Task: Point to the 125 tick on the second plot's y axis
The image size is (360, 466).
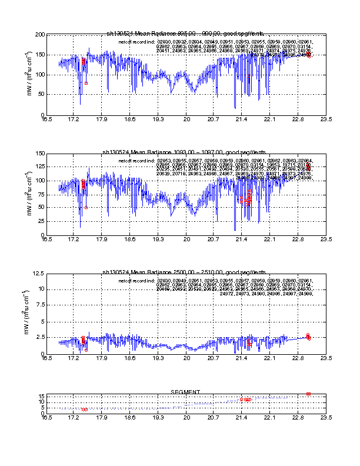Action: pyautogui.click(x=37, y=168)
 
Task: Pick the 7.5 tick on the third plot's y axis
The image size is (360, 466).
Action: pyautogui.click(x=38, y=305)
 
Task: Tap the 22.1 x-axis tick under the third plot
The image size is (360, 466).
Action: pyautogui.click(x=270, y=358)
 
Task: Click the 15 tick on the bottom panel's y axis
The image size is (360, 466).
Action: pyautogui.click(x=39, y=397)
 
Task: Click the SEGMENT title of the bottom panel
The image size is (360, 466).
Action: pyautogui.click(x=185, y=392)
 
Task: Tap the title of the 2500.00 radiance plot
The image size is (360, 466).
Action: pyautogui.click(x=185, y=272)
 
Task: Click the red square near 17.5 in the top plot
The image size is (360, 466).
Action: pyautogui.click(x=86, y=83)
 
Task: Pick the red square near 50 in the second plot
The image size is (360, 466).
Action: pyautogui.click(x=86, y=207)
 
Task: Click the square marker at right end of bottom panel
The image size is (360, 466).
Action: pyautogui.click(x=308, y=394)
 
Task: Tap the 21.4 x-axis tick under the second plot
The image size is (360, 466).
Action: pyautogui.click(x=242, y=239)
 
